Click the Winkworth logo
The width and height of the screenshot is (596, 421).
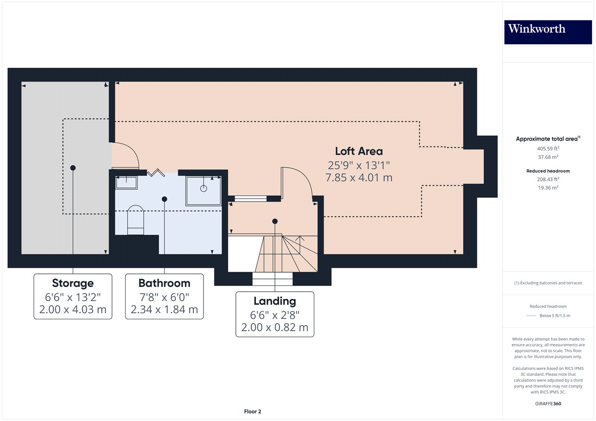point(548,32)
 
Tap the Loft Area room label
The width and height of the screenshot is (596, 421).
point(358,151)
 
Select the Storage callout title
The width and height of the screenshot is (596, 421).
point(73,283)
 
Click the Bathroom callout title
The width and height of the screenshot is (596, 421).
point(164,283)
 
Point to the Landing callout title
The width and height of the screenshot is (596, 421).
point(275,301)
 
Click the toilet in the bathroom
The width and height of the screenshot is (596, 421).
point(136,219)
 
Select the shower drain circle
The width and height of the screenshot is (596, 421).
point(203,188)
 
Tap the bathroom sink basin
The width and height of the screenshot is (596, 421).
point(126,182)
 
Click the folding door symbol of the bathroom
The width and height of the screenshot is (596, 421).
point(156,173)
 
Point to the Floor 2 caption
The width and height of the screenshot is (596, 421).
point(252,412)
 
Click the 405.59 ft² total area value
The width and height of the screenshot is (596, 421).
point(548,148)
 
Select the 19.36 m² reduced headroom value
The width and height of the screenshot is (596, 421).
point(548,188)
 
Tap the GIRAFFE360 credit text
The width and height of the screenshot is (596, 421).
point(548,404)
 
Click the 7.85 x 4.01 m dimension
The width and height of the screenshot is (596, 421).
point(359,178)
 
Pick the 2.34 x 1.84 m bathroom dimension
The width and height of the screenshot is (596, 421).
point(164,310)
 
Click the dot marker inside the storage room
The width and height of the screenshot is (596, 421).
point(73,168)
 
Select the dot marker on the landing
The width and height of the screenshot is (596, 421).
point(275,221)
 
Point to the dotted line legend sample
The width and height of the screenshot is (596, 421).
point(531,316)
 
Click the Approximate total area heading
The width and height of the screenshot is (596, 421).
point(548,139)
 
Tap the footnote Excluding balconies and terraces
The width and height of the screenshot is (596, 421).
point(548,283)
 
